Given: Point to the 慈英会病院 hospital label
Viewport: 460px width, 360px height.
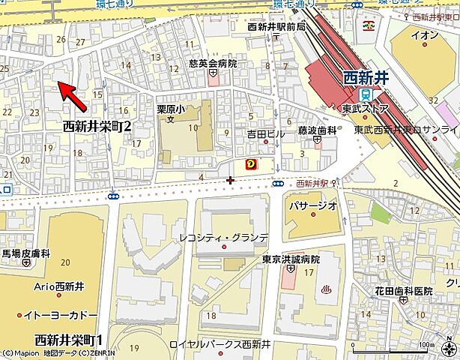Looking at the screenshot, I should coord(213,64).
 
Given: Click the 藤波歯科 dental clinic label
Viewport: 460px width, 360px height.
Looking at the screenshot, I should coord(317,130).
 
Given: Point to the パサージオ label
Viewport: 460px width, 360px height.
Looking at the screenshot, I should coord(310,205).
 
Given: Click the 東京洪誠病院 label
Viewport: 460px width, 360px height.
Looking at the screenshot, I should coord(291,259).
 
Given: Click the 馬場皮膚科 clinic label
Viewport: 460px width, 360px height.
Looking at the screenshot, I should coord(27,253).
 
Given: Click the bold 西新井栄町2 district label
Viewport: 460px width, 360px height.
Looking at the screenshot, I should coord(97,126).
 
